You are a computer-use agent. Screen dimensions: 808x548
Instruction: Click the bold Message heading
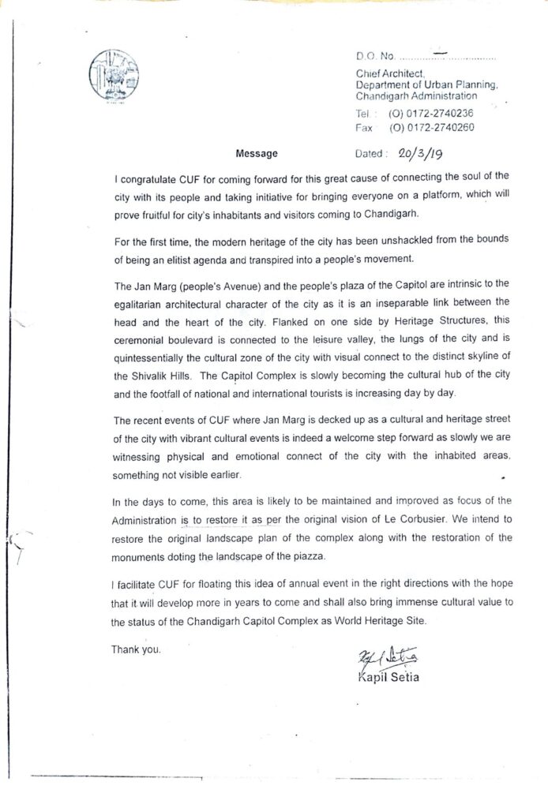[257, 154]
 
